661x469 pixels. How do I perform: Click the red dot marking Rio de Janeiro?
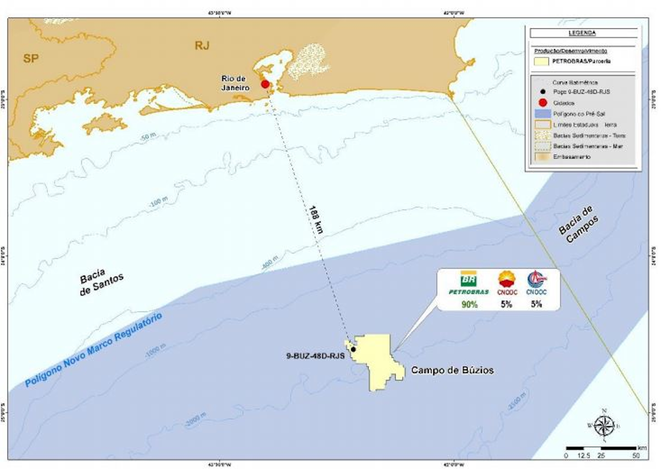[x=265, y=84]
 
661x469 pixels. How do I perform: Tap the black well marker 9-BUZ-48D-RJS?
[x=353, y=349]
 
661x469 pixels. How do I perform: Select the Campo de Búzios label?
[x=452, y=370]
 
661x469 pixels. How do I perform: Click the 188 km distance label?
[x=316, y=220]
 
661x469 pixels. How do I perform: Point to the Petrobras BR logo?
[x=469, y=279]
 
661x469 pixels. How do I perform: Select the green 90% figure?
[x=469, y=304]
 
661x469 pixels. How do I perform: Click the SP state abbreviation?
[x=31, y=58]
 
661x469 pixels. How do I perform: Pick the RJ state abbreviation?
[x=202, y=45]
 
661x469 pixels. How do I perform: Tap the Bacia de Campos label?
[x=579, y=224]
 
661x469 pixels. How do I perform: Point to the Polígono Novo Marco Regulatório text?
[x=94, y=350]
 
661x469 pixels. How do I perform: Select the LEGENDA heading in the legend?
[x=582, y=33]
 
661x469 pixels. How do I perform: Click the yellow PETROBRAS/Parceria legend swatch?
[x=542, y=61]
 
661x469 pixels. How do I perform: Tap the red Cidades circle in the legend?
[x=543, y=103]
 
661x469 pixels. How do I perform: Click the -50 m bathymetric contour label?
[x=148, y=137]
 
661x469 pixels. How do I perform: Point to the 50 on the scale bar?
[x=636, y=456]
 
